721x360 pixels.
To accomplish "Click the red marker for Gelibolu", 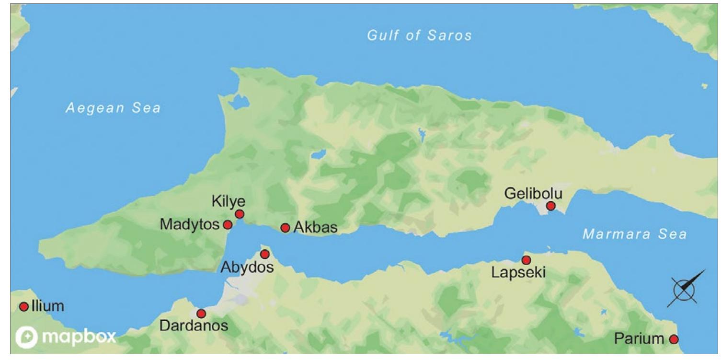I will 551,206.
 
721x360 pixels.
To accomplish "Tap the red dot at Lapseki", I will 526,260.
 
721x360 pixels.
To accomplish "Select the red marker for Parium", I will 674,339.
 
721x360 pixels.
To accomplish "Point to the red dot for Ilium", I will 24,307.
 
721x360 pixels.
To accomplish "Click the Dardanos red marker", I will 201,314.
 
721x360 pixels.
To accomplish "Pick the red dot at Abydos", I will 264,254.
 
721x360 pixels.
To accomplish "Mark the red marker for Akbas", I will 285,228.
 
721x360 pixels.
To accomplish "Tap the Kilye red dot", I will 240,214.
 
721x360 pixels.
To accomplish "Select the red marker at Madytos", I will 228,224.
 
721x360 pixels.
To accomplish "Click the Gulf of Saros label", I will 419,35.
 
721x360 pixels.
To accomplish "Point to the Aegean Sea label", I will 113,108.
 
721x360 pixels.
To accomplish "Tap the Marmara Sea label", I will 634,234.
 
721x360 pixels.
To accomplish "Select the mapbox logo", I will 66,337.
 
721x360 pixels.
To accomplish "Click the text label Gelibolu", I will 533,194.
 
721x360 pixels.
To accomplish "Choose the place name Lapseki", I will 519,273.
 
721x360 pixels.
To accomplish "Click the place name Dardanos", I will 194,326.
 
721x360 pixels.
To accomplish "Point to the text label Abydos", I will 247,267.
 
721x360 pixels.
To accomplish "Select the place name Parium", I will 639,339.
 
